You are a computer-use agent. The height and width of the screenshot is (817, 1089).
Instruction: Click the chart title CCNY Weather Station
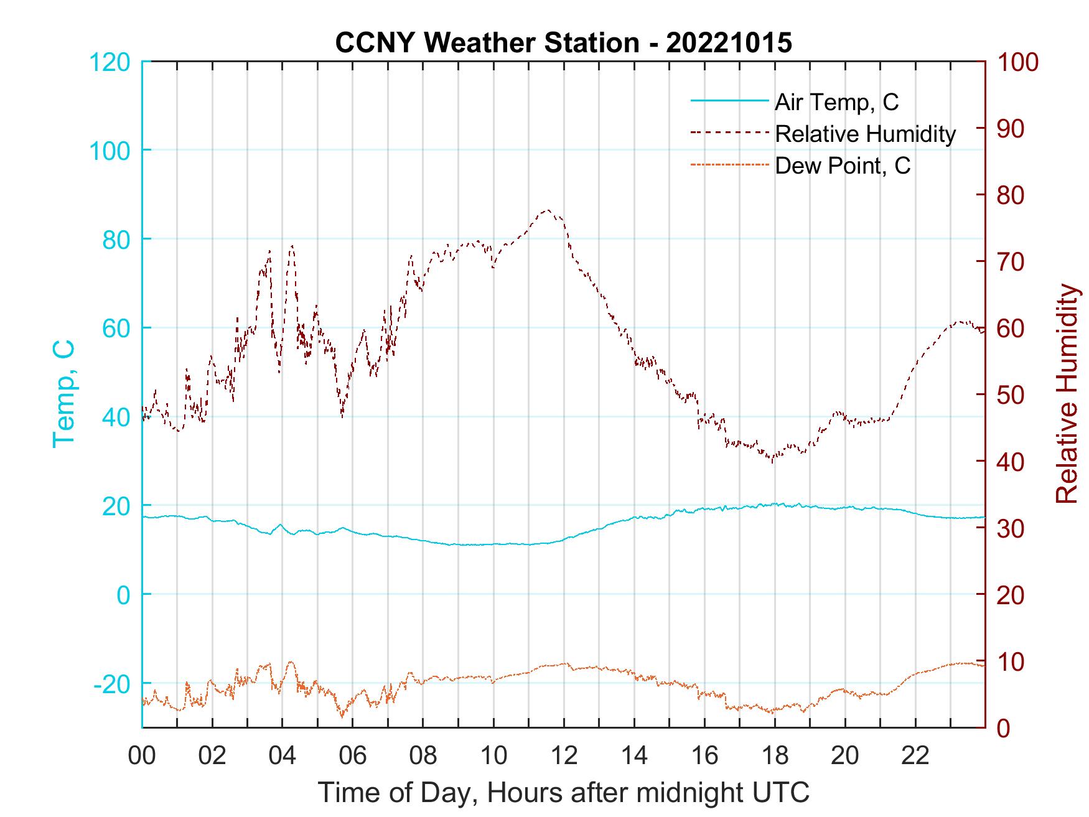[487, 43]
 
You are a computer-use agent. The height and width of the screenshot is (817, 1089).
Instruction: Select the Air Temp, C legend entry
[836, 102]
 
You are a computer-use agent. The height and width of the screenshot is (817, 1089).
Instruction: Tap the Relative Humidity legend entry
[865, 134]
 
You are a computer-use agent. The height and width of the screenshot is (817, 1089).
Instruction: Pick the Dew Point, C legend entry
[843, 166]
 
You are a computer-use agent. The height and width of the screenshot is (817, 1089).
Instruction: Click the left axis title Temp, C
[63, 393]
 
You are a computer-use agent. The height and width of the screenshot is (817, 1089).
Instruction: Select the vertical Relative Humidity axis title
[1067, 393]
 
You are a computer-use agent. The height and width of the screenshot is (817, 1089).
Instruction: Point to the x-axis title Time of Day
[564, 793]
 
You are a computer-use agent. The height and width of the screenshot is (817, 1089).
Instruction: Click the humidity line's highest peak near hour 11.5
[547, 210]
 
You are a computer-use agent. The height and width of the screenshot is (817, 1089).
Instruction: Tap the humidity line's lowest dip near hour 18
[772, 461]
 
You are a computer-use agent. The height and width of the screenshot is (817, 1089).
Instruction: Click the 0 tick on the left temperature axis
[124, 595]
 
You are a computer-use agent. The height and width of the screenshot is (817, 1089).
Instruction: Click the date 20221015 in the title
[729, 43]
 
